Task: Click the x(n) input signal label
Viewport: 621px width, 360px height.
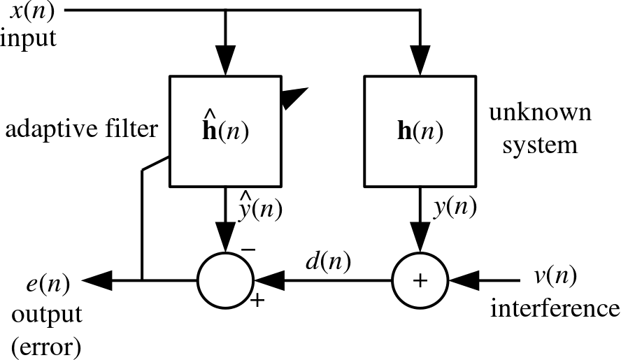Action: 32,11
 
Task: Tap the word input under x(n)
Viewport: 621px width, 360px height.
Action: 28,39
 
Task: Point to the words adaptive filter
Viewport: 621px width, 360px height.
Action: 82,129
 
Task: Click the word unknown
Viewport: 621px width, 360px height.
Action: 540,112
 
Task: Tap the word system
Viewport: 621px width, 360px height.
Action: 540,145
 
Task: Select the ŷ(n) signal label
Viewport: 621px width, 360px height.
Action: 260,207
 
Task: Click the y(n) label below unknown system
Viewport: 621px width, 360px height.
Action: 455,207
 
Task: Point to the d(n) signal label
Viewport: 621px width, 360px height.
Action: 328,261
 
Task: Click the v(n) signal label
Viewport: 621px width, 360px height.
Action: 555,275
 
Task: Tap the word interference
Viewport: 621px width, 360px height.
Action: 555,308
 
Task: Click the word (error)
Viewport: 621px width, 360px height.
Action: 46,347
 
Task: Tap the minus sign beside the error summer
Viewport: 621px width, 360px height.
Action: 248,250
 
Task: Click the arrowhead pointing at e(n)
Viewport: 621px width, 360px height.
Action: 97,280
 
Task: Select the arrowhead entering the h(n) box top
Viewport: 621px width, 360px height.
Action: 420,60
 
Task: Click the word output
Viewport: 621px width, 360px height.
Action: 47,315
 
